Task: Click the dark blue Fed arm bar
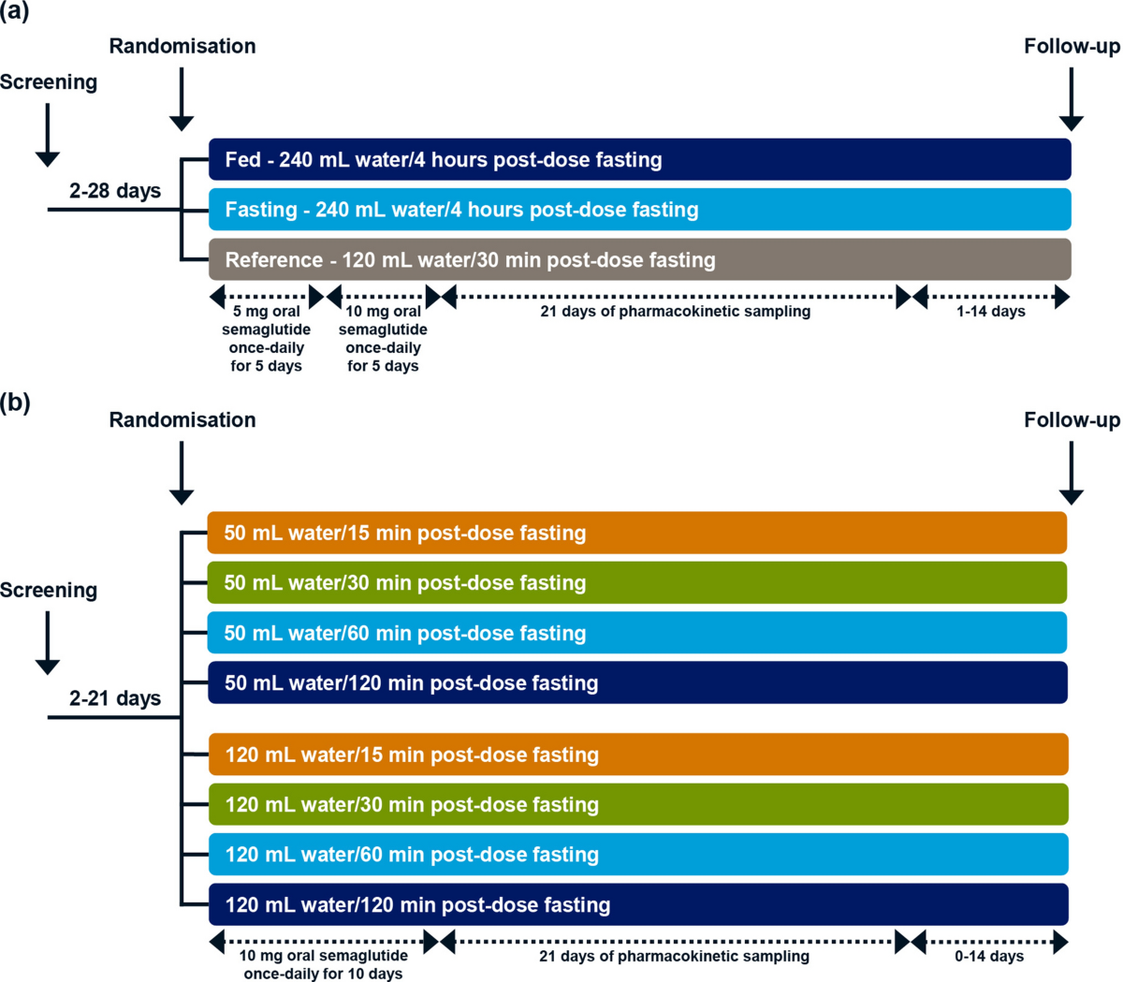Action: pyautogui.click(x=639, y=159)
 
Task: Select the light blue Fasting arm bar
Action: pyautogui.click(x=639, y=209)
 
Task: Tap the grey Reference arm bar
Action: pyautogui.click(x=639, y=259)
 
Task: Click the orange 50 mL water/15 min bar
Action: pyautogui.click(x=636, y=533)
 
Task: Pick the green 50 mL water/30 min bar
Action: pyautogui.click(x=636, y=582)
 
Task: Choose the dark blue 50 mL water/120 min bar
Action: pyautogui.click(x=637, y=682)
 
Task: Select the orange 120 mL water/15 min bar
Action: pyautogui.click(x=638, y=755)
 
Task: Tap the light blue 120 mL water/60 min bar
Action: pyautogui.click(x=638, y=854)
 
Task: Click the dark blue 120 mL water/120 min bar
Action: pyautogui.click(x=638, y=904)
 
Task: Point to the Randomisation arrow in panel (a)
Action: pyautogui.click(x=182, y=99)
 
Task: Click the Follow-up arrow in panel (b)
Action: pyautogui.click(x=1071, y=473)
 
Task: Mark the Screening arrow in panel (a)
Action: pyautogui.click(x=48, y=135)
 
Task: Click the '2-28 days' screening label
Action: pyautogui.click(x=115, y=190)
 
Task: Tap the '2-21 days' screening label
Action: pyautogui.click(x=115, y=698)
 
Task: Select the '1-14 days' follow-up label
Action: pyautogui.click(x=991, y=311)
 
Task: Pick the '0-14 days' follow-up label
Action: pyautogui.click(x=989, y=956)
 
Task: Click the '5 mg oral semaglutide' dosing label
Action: pyautogui.click(x=266, y=320)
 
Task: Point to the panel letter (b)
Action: pyautogui.click(x=15, y=403)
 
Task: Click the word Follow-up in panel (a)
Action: pyautogui.click(x=1072, y=46)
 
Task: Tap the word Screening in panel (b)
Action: pyautogui.click(x=49, y=590)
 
